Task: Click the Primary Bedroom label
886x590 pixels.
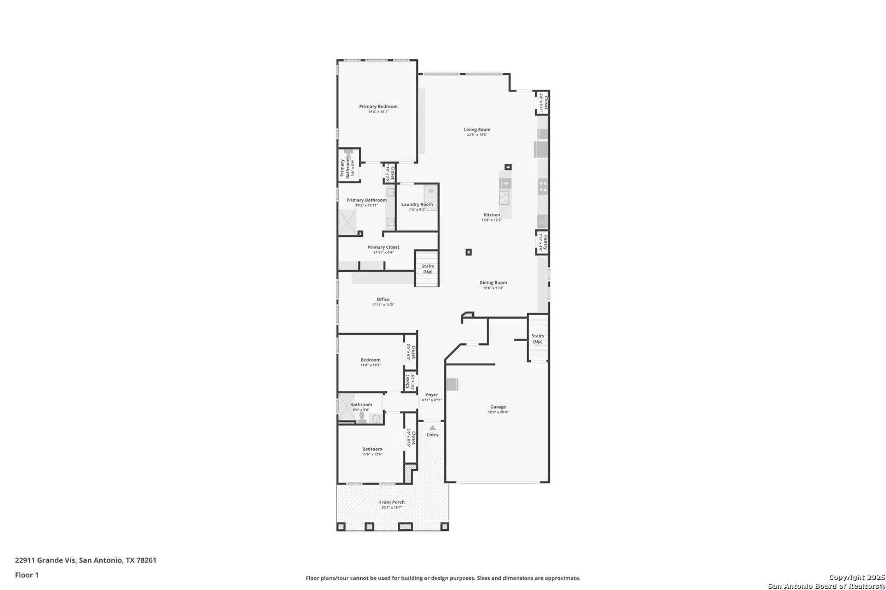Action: (378, 106)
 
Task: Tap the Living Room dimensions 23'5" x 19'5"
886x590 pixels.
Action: (477, 135)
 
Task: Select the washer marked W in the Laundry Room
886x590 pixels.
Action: (430, 191)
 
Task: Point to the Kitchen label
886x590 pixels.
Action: (491, 215)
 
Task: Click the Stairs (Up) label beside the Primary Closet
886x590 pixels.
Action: (427, 269)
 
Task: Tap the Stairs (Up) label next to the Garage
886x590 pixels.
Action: (537, 339)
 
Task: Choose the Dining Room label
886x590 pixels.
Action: (493, 282)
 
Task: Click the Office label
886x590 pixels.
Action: (383, 299)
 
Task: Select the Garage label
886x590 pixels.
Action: (497, 407)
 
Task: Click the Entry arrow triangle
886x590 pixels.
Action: (432, 428)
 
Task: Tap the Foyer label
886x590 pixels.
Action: (431, 395)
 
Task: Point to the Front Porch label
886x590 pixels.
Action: (392, 502)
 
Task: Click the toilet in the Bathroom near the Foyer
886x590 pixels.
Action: (361, 417)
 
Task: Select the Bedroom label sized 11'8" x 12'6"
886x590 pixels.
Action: (372, 449)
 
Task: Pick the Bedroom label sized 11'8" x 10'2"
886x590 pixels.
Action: (370, 360)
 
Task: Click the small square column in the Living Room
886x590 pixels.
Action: (508, 167)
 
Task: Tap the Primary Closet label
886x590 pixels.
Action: (383, 247)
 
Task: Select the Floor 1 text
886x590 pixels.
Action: (27, 575)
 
